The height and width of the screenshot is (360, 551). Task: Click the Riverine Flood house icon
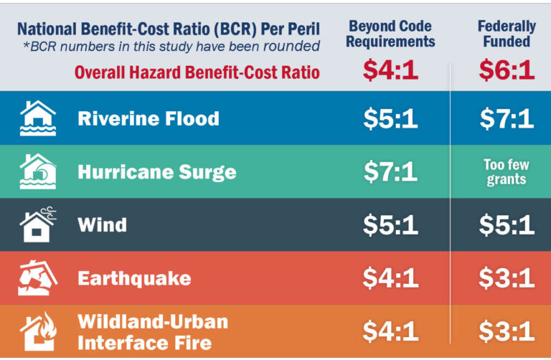point(37,118)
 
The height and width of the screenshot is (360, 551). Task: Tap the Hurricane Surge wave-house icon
point(37,172)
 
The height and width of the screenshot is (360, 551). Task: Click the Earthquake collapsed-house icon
point(37,278)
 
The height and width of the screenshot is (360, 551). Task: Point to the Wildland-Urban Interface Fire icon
point(38,331)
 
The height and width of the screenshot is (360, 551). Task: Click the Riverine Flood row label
point(149,118)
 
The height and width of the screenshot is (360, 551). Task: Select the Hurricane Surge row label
point(157,172)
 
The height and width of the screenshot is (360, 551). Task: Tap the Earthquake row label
point(134,278)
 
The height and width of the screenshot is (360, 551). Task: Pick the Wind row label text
point(102,224)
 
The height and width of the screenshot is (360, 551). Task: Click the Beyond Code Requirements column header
point(390,34)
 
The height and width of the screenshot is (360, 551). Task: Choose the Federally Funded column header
point(507,34)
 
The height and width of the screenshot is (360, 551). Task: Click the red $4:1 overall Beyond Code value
point(390,70)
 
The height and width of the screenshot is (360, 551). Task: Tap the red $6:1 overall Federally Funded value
point(507,70)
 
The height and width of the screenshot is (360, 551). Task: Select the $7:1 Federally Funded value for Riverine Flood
point(507,118)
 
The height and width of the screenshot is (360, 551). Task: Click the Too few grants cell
point(507,172)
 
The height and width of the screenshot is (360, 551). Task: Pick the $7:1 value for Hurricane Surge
point(390,172)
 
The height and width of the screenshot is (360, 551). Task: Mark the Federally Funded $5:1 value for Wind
point(507,224)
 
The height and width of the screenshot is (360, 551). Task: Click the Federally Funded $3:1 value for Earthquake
point(507,278)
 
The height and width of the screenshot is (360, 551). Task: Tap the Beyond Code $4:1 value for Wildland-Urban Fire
point(390,331)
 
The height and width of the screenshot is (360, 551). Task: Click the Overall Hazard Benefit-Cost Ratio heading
point(197,72)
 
